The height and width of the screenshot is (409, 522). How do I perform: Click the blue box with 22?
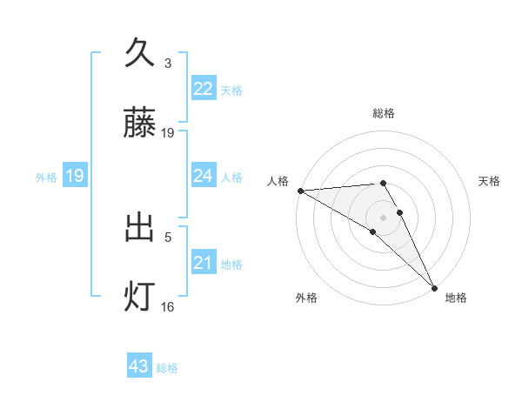click(203, 89)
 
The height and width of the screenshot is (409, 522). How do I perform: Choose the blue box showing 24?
click(203, 176)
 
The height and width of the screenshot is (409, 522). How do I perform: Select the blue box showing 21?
click(203, 263)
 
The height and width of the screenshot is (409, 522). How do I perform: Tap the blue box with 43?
click(139, 366)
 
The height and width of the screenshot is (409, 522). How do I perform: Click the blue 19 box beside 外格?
click(75, 176)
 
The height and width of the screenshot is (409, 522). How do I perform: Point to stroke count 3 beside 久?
click(168, 64)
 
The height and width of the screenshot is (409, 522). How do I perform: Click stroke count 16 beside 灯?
click(168, 306)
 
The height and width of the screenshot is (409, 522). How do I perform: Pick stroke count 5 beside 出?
click(168, 236)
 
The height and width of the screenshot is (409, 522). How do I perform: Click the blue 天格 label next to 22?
click(231, 90)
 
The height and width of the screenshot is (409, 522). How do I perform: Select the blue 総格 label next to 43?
click(168, 368)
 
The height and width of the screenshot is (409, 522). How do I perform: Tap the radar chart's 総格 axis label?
click(384, 113)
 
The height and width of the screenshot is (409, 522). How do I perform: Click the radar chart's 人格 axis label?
click(278, 181)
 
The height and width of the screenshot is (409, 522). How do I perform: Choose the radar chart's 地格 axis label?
click(456, 298)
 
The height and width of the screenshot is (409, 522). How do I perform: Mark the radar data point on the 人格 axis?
click(300, 191)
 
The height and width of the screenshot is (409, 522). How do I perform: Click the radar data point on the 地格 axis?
click(434, 288)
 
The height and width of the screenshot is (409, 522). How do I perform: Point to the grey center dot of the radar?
click(384, 217)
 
